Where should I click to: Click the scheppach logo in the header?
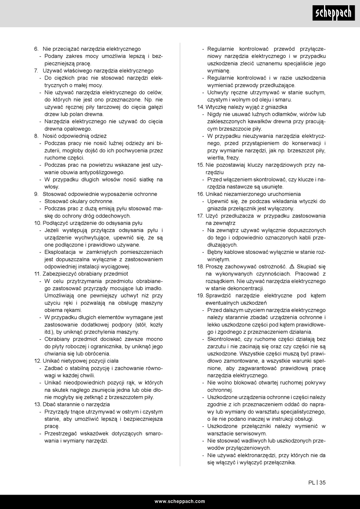point(333,13)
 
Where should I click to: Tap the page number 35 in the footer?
point(322,482)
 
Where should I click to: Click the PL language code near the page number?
point(311,482)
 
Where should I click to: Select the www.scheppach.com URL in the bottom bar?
point(180,501)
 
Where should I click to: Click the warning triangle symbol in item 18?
point(291,266)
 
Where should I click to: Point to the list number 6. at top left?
point(36,49)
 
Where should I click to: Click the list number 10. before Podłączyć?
point(38,223)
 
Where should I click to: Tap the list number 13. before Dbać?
point(38,404)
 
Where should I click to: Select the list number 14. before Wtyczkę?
point(200,107)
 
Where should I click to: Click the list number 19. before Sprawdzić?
point(200,295)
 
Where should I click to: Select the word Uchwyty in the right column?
point(218,92)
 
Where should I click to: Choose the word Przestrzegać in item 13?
point(61,434)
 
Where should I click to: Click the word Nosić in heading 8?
point(49,136)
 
